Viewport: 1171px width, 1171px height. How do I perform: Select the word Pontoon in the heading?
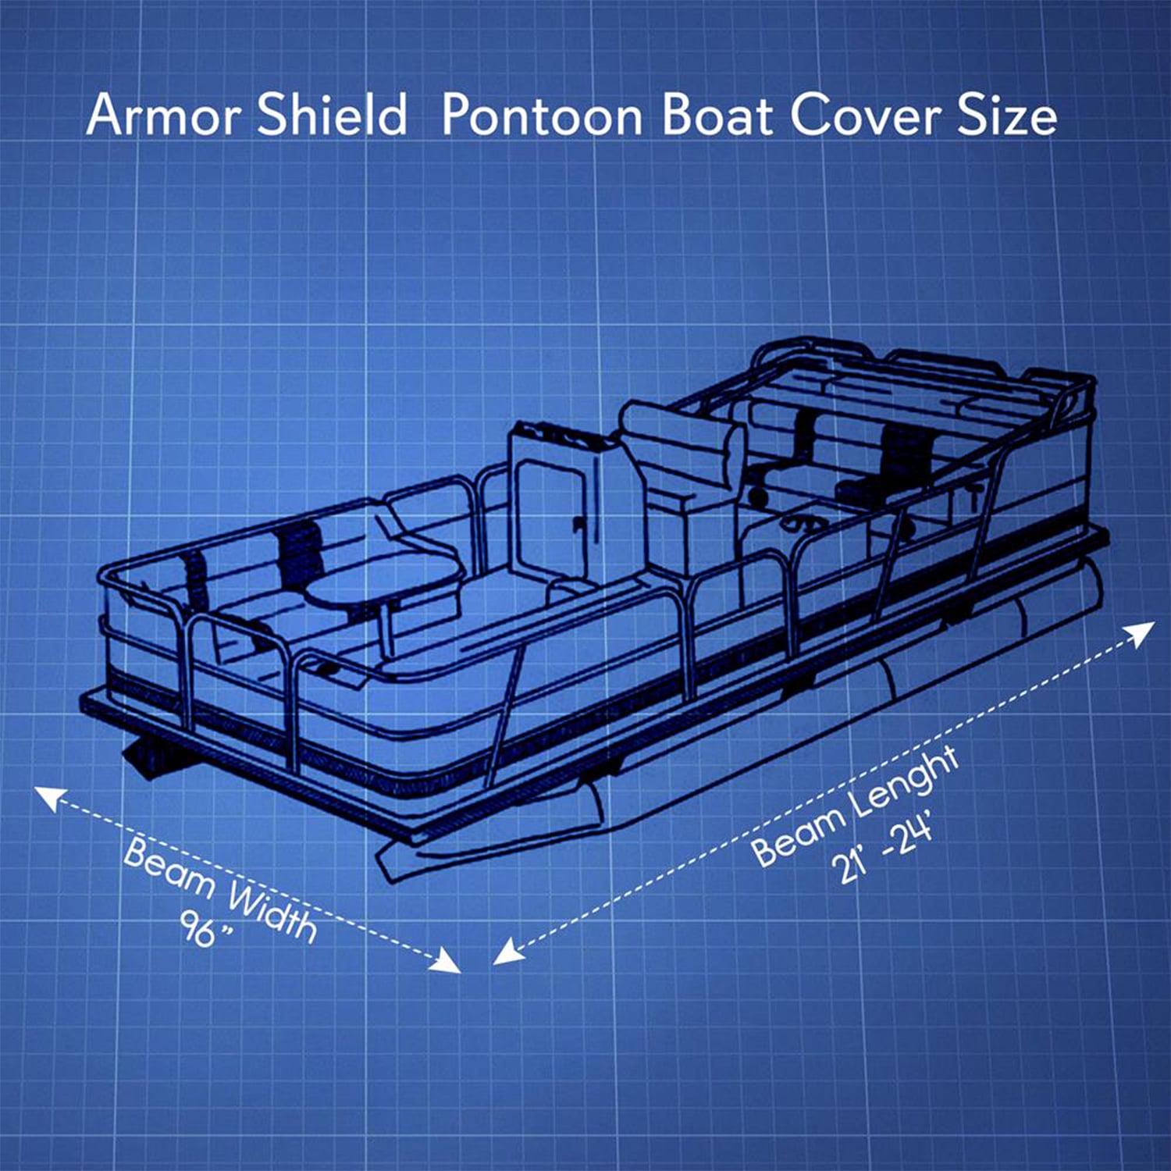point(542,116)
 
